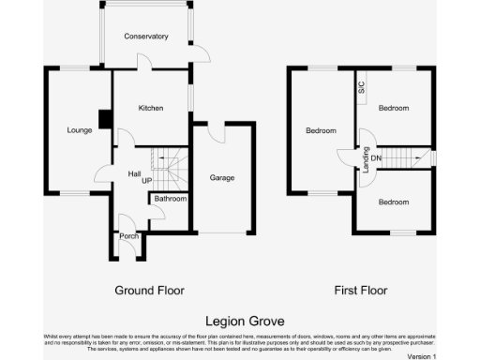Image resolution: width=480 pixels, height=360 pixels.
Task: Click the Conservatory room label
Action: point(146,37)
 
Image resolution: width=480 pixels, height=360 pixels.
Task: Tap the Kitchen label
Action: point(151,109)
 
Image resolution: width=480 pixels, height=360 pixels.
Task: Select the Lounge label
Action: point(80,130)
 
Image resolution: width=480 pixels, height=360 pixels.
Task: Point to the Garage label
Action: point(222,177)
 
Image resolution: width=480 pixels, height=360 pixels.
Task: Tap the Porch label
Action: point(128,236)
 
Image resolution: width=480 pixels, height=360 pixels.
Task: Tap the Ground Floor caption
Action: point(150,291)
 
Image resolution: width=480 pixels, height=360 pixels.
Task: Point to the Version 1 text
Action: point(422,356)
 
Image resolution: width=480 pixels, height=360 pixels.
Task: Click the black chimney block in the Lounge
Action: point(105,119)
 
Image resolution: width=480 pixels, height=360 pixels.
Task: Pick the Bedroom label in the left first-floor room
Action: point(321,131)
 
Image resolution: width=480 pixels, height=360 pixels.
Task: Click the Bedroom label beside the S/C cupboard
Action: point(394,109)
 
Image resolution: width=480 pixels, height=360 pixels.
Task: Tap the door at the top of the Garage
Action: point(217,130)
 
